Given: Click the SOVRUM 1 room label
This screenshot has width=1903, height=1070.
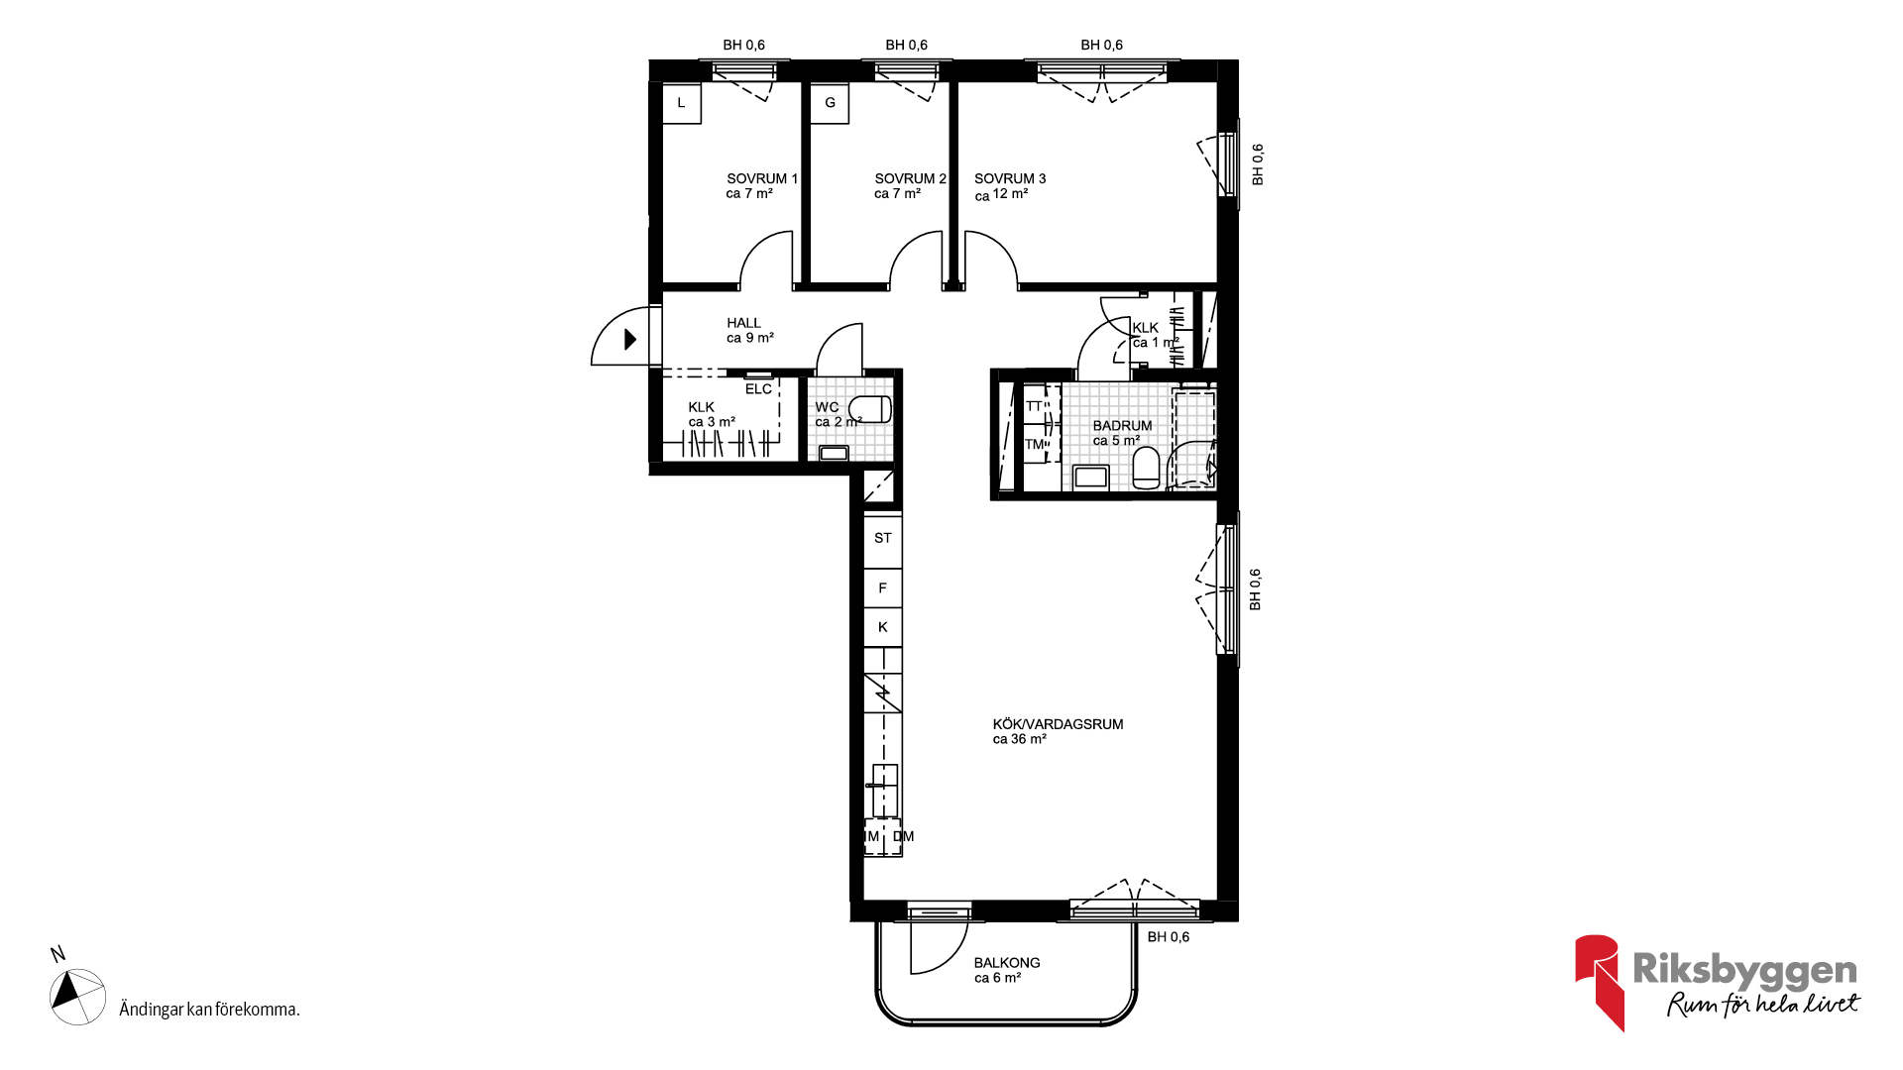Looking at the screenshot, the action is (761, 186).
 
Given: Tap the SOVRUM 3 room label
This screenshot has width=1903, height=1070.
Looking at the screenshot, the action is (1010, 186).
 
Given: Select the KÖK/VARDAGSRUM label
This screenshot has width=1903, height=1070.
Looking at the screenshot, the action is (1058, 731).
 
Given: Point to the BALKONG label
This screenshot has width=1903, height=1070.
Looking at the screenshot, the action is (1007, 970).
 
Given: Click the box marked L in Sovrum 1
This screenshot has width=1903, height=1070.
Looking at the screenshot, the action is (681, 103).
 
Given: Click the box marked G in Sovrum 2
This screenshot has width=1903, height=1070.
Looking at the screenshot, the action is (830, 103).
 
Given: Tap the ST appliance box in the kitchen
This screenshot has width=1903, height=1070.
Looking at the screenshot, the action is (882, 538).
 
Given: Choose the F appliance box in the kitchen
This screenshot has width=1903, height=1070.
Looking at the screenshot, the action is (882, 588).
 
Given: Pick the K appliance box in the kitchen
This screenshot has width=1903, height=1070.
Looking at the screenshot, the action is (882, 627).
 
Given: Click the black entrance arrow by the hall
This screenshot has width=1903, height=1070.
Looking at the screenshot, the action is (629, 340).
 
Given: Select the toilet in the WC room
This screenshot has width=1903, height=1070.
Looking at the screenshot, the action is (870, 408).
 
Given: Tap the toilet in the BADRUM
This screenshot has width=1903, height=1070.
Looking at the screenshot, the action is (1146, 468).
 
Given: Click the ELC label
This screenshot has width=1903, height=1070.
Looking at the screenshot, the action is (758, 389).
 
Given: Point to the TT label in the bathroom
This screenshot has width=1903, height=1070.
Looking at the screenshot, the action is (1034, 406).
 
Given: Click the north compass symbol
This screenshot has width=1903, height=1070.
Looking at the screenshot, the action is (77, 996).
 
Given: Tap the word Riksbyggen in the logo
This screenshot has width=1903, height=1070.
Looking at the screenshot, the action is (1744, 970).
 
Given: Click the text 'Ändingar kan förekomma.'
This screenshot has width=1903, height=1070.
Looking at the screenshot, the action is (209, 1010).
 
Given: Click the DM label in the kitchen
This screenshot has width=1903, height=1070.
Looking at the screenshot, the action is (903, 836).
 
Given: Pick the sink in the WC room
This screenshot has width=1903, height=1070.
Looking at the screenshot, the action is (834, 454).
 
